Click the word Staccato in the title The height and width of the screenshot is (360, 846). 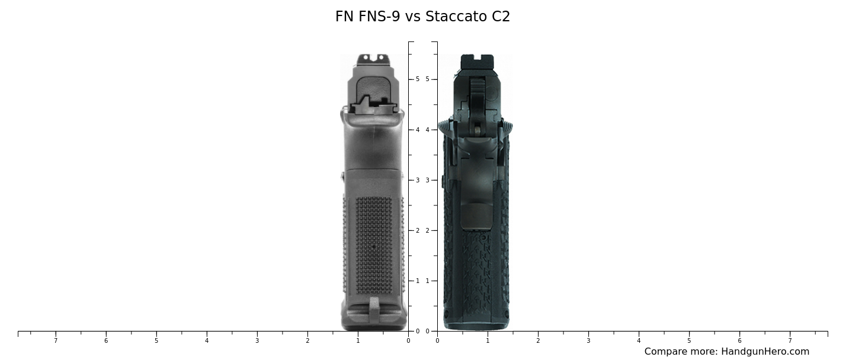[x=457, y=17]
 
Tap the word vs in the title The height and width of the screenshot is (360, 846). [x=413, y=17]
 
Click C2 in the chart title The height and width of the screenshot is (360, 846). [x=501, y=17]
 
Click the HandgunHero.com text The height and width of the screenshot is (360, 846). [x=765, y=352]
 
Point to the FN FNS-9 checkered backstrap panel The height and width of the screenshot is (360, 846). [x=373, y=246]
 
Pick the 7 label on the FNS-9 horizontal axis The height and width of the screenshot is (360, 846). [x=56, y=340]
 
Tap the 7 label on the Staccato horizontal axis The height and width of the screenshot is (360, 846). [x=790, y=340]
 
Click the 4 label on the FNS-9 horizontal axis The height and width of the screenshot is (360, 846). [x=207, y=340]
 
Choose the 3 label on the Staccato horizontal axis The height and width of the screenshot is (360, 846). [x=588, y=340]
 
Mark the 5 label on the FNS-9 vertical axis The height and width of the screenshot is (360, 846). [x=418, y=79]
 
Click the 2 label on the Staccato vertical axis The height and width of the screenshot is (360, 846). [x=427, y=230]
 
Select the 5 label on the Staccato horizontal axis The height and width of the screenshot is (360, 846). [x=689, y=340]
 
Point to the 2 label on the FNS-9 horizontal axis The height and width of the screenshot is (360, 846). [x=307, y=340]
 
